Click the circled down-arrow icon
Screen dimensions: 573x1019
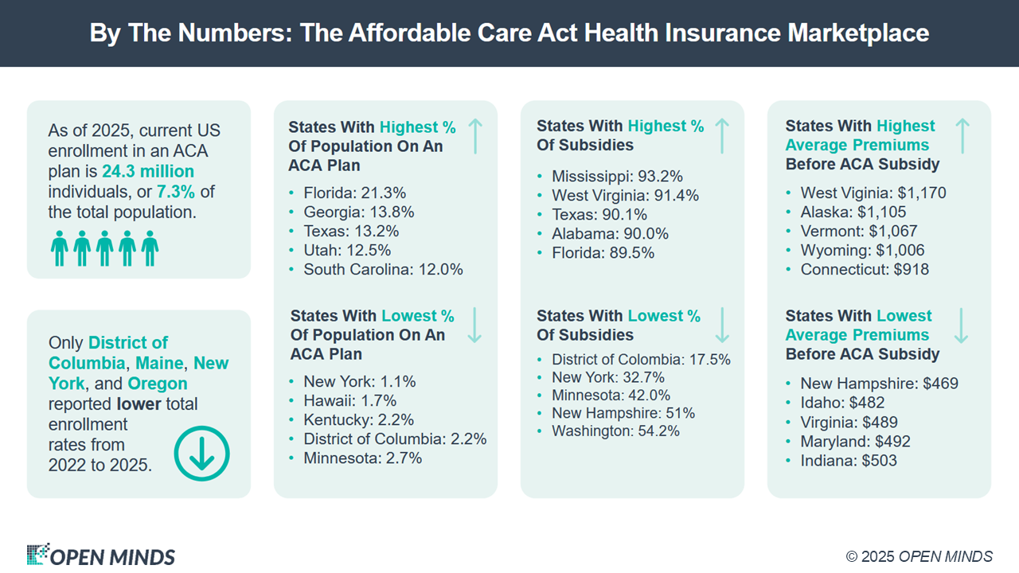pos(201,453)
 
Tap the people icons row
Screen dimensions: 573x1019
pos(105,248)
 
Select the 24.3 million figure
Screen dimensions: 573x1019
pos(148,171)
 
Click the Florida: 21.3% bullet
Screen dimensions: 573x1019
pos(355,193)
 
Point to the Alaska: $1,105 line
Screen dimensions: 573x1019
pos(853,212)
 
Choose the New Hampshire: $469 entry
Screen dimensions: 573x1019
pos(879,384)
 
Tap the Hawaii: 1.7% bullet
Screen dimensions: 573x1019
pos(349,400)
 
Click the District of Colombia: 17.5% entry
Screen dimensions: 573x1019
pos(641,359)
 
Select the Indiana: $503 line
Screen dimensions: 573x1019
pos(849,460)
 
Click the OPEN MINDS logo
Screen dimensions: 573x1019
pos(101,555)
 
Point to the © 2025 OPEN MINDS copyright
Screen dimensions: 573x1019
pos(919,556)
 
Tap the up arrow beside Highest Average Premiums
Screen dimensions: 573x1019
pos(962,135)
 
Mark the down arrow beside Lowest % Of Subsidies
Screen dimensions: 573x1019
pos(722,325)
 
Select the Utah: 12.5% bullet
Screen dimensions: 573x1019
pos(347,250)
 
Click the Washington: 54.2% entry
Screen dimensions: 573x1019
pos(615,431)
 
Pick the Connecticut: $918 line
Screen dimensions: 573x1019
pos(865,269)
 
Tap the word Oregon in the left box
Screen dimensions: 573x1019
pos(157,384)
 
